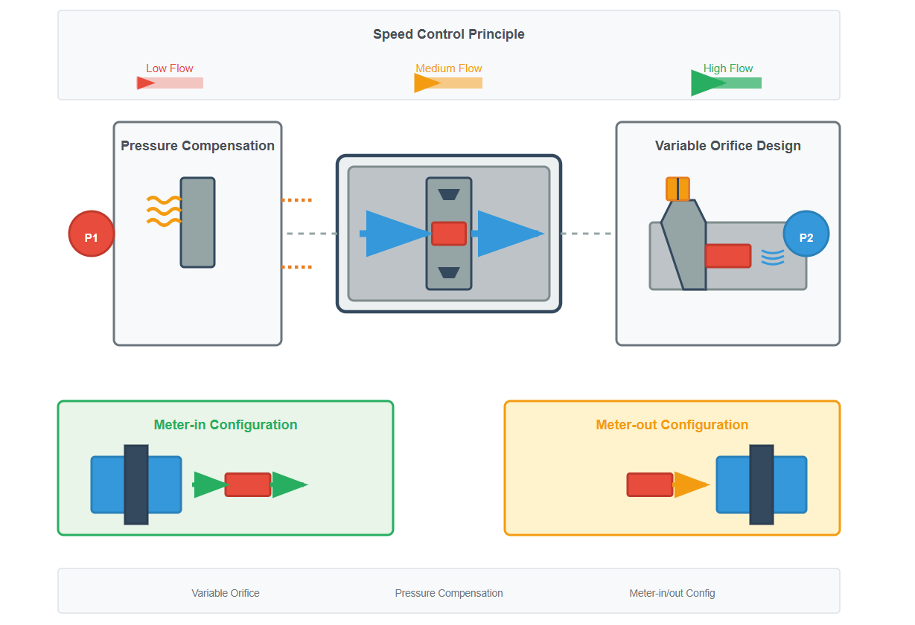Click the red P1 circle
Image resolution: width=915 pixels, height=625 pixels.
pyautogui.click(x=91, y=234)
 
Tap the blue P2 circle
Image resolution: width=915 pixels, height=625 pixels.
pyautogui.click(x=806, y=234)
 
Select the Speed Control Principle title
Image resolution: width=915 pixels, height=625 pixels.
pyautogui.click(x=448, y=34)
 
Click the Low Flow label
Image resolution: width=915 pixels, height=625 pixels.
pyautogui.click(x=170, y=68)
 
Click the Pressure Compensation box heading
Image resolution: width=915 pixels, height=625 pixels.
pyautogui.click(x=197, y=146)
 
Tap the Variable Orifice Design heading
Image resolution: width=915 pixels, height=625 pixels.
pyautogui.click(x=727, y=146)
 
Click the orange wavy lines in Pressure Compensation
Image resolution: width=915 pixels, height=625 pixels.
pyautogui.click(x=164, y=211)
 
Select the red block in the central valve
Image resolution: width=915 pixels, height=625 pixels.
pyautogui.click(x=449, y=234)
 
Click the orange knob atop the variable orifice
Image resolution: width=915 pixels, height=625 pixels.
pyautogui.click(x=678, y=189)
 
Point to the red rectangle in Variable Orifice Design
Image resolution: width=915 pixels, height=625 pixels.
pyautogui.click(x=727, y=256)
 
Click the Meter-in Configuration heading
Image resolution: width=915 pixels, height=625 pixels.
pyautogui.click(x=226, y=425)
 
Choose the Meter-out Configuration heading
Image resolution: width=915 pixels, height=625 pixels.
pyautogui.click(x=672, y=425)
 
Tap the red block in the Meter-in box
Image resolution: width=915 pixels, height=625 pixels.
pyautogui.click(x=248, y=485)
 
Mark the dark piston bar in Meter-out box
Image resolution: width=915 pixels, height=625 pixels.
pyautogui.click(x=761, y=484)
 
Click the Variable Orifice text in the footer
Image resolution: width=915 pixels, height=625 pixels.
pyautogui.click(x=226, y=593)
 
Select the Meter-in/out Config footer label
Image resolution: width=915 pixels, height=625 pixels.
pyautogui.click(x=672, y=593)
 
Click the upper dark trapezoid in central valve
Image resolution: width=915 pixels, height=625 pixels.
pyautogui.click(x=449, y=194)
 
